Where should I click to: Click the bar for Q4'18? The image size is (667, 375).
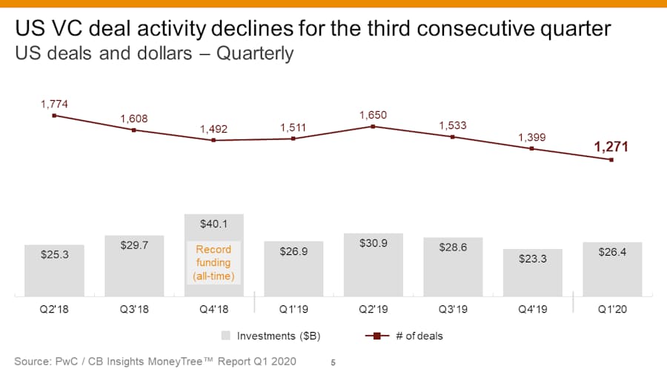coord(214,255)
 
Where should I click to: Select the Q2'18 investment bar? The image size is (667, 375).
coord(54,271)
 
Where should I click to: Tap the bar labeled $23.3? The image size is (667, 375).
coord(533,273)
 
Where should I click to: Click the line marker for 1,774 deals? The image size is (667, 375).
coord(54,116)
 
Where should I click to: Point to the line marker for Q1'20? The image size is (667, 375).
coord(611,160)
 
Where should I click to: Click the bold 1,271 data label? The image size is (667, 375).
coord(611,147)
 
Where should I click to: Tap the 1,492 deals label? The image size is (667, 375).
coord(213,129)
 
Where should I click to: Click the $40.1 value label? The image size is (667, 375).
coord(213,224)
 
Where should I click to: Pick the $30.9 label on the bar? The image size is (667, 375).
coord(373,243)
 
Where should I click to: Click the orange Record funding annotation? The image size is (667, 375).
coord(213,263)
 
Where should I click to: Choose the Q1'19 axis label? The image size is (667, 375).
coord(293,309)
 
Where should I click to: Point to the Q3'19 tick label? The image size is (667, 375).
coord(453,309)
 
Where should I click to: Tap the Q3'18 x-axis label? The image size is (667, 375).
coord(134,309)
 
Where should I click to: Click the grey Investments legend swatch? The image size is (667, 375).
coord(226,336)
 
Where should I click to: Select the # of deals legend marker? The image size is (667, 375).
coord(377,336)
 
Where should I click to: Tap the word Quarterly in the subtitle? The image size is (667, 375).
coord(255,54)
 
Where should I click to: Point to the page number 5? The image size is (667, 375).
coord(333,362)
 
